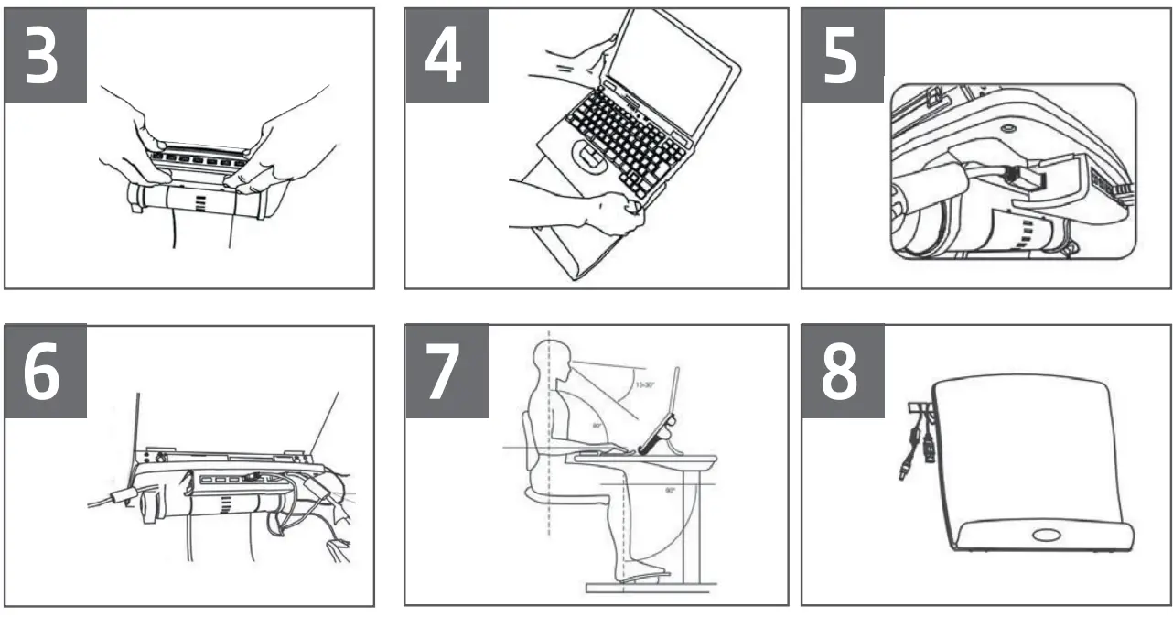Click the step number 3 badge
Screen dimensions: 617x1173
coord(47,55)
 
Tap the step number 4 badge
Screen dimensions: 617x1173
coord(447,55)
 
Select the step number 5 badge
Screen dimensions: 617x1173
coord(843,55)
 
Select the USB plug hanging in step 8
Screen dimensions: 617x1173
coord(930,448)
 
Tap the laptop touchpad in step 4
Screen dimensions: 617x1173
coord(589,157)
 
